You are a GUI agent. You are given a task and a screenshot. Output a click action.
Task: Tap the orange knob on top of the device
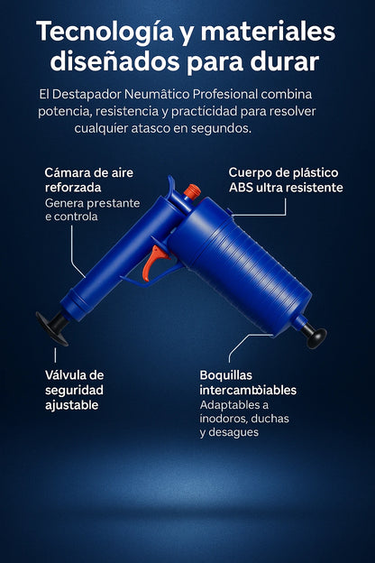[191, 191]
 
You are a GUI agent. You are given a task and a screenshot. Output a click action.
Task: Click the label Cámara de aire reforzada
[87, 179]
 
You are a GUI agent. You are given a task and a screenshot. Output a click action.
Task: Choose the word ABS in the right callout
[244, 188]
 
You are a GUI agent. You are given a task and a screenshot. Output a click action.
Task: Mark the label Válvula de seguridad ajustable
[75, 390]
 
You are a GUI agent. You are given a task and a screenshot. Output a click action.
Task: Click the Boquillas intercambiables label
[248, 383]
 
